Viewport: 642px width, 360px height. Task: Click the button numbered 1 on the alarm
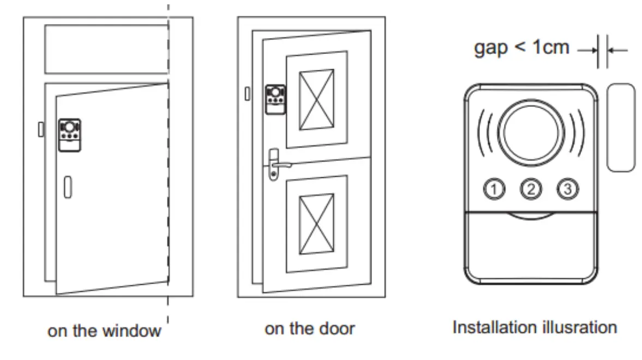[x=493, y=189]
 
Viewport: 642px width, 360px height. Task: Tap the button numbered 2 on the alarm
[x=531, y=189]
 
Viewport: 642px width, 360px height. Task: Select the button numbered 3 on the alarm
[x=568, y=189]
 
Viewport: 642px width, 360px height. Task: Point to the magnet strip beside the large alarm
[x=621, y=128]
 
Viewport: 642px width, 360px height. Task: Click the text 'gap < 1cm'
[x=521, y=48]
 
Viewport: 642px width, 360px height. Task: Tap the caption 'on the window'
[x=104, y=331]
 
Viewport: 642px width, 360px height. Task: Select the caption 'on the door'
[x=309, y=329]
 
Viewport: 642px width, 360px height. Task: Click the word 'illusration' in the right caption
[x=579, y=328]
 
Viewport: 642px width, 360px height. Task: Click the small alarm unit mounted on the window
[x=69, y=135]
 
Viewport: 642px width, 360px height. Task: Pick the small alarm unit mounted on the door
[x=275, y=99]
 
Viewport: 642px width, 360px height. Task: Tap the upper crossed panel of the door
[x=317, y=99]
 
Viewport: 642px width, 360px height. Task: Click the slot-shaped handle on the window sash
[x=67, y=187]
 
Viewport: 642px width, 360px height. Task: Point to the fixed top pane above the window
[x=106, y=49]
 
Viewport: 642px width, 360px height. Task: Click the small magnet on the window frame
[x=41, y=129]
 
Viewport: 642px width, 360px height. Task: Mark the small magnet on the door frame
[x=247, y=94]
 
